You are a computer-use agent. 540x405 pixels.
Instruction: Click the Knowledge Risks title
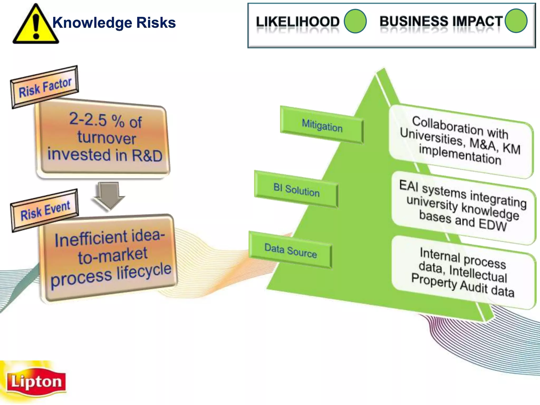point(114,23)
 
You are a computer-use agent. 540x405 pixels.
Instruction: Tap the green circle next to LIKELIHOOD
point(355,21)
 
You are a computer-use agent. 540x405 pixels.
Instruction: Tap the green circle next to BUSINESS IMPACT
point(516,21)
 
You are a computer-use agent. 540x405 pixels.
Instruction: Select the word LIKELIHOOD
point(298,22)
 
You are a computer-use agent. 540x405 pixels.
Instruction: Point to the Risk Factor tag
point(45,87)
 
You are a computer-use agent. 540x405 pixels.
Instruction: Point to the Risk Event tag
point(45,210)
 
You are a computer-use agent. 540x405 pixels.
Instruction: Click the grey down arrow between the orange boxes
point(109,195)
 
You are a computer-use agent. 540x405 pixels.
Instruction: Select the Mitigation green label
point(322,125)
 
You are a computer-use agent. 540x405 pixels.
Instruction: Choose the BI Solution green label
point(296,190)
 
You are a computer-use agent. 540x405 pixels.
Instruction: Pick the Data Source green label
point(291,251)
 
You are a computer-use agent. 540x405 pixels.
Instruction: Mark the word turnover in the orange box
point(107,138)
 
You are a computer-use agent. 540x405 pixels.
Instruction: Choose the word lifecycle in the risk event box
point(144,272)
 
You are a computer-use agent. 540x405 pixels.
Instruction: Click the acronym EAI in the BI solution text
point(409,185)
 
